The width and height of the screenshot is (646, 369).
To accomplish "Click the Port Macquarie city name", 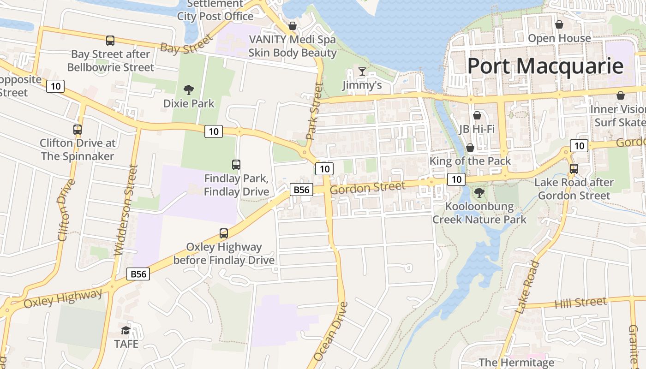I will [x=545, y=66].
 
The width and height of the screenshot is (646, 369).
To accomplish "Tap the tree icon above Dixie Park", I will [x=188, y=90].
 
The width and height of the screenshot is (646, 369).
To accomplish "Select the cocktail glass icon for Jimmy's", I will [x=362, y=71].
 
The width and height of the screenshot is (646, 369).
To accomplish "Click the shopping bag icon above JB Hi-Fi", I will [x=477, y=115].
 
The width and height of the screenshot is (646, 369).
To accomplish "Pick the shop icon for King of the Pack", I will [x=470, y=148].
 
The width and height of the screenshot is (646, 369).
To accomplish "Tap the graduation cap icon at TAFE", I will [x=126, y=330].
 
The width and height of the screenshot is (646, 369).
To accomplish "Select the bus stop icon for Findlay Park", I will [x=236, y=164].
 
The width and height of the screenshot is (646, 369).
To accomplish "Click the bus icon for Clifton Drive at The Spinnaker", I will [x=78, y=130].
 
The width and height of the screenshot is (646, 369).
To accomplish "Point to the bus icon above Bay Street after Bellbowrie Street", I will [x=110, y=41].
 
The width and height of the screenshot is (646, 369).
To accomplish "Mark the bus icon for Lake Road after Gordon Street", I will [x=574, y=169].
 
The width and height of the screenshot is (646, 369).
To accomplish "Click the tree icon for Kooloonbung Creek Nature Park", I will [x=479, y=192].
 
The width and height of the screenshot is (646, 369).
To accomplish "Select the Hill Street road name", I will [x=580, y=303].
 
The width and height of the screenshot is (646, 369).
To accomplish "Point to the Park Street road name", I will [x=313, y=111].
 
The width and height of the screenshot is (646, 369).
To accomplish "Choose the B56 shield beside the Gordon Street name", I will [x=302, y=190].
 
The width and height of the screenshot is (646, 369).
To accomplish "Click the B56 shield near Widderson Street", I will [x=138, y=274].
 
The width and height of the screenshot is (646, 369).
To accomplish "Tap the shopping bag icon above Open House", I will [x=559, y=24].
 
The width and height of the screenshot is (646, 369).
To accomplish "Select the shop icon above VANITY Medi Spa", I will [x=292, y=26].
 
